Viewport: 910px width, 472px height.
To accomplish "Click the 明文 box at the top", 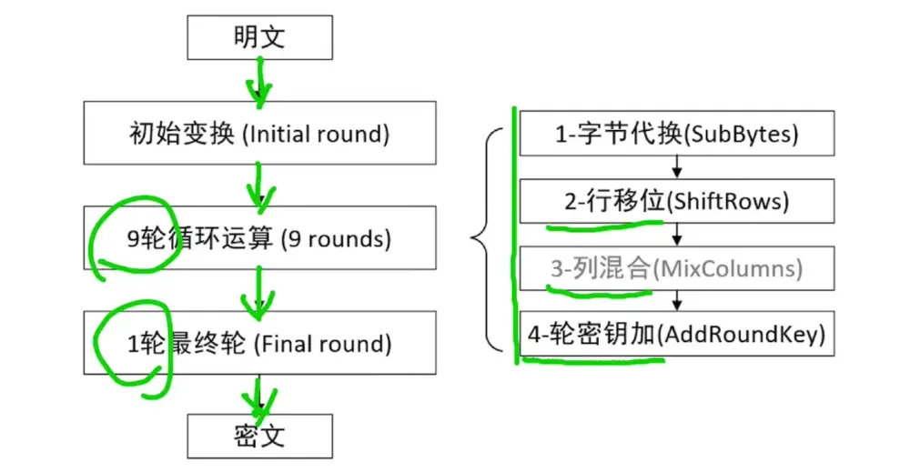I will (260, 37).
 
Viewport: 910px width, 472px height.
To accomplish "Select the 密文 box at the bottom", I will (260, 436).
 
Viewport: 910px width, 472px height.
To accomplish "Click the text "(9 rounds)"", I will (336, 239).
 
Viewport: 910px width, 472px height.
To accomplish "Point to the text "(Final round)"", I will (323, 344).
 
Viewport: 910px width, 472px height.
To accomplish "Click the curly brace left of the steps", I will (487, 239).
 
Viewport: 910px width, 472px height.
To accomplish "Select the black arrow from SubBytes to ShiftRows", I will (677, 167).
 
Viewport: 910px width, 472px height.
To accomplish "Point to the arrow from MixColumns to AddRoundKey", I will (677, 301).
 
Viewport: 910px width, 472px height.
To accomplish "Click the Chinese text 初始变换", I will (182, 135).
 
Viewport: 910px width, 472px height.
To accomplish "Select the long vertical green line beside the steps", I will (516, 236).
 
